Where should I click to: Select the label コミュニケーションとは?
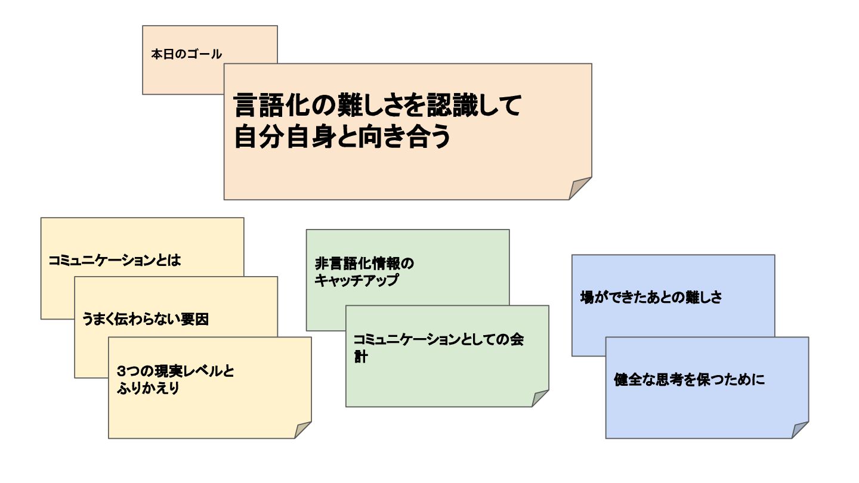[115, 261]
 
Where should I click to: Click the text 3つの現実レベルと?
[175, 371]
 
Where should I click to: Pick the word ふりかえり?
[149, 389]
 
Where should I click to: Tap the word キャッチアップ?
[357, 280]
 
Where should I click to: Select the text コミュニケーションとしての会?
[438, 340]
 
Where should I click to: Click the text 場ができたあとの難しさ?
[651, 297]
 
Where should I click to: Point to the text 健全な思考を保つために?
[690, 380]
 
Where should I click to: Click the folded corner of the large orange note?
[578, 190]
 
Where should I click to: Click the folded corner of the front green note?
[540, 399]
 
